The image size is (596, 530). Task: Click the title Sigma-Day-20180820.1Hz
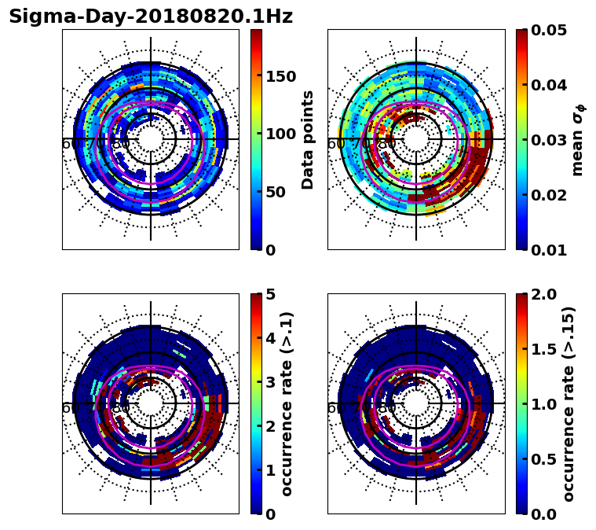(151, 17)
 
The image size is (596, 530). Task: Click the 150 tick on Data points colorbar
(280, 76)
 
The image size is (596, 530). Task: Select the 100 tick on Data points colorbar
(280, 134)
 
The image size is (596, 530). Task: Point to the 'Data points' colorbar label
(308, 139)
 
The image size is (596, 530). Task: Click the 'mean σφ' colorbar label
(577, 139)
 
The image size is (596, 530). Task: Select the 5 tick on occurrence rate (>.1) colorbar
(272, 294)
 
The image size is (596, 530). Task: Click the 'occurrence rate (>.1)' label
(287, 403)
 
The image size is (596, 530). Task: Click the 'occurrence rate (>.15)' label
(569, 403)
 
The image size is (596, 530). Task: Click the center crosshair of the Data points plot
(151, 139)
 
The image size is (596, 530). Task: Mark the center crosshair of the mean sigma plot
(416, 139)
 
